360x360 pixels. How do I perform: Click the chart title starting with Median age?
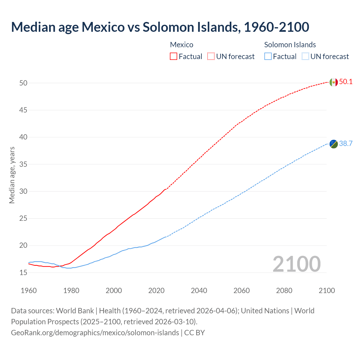[160, 27]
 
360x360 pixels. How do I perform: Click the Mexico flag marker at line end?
[333, 82]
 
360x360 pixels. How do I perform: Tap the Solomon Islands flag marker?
[333, 144]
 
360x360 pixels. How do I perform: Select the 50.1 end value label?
[346, 82]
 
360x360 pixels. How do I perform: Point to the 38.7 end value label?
[346, 144]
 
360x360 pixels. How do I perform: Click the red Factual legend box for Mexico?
[174, 57]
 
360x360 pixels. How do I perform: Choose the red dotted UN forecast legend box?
[211, 57]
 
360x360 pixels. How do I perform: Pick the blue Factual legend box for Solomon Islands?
[268, 57]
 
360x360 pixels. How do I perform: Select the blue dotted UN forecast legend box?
[305, 57]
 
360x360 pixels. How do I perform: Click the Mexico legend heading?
[182, 45]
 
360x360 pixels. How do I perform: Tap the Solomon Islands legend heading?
[290, 45]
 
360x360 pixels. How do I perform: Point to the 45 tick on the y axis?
[23, 110]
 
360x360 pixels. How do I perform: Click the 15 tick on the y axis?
[23, 273]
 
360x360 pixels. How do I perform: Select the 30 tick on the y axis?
[23, 191]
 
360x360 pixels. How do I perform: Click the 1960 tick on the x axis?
[29, 291]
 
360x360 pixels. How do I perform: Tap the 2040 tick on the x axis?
[199, 291]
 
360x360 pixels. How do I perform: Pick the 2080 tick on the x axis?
[284, 291]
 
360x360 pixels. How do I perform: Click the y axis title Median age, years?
[12, 175]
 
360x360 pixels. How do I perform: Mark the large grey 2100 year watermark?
[296, 264]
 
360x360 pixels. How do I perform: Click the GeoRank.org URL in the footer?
[95, 333]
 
